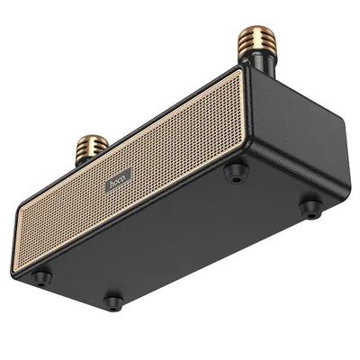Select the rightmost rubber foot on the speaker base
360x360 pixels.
pos(310,208)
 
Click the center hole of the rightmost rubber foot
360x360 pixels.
pos(310,208)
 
